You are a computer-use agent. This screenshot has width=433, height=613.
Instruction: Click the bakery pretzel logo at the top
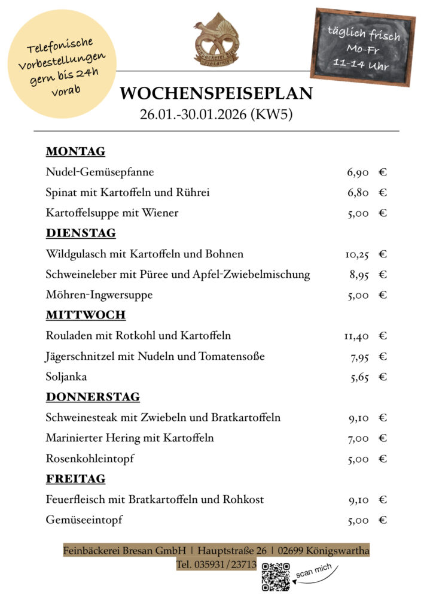(216, 38)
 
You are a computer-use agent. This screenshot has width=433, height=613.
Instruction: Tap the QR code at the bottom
(276, 577)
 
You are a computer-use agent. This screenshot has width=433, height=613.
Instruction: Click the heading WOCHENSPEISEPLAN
(216, 94)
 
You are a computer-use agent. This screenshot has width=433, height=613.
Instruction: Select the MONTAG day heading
(75, 151)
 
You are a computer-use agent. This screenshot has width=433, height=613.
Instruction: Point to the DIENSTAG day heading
(81, 233)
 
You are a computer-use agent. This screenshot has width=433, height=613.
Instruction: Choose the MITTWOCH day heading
(86, 315)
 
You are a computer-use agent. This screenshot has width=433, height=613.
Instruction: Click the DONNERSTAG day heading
(93, 397)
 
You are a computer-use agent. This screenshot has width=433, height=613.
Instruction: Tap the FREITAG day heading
(75, 479)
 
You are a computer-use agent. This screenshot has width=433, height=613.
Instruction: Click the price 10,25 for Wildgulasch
(356, 254)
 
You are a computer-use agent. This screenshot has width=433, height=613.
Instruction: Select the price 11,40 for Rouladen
(356, 336)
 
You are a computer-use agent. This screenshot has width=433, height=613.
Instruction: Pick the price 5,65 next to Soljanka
(359, 377)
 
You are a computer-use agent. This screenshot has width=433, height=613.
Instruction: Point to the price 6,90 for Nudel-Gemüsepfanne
(358, 173)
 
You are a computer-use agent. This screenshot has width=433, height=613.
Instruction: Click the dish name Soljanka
(66, 377)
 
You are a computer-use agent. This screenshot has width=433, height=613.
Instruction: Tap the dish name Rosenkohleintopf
(90, 459)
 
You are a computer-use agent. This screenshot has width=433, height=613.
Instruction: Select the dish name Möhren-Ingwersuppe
(99, 295)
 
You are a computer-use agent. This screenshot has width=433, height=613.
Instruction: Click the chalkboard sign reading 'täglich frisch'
(363, 47)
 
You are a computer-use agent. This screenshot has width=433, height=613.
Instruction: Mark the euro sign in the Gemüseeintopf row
(383, 520)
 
